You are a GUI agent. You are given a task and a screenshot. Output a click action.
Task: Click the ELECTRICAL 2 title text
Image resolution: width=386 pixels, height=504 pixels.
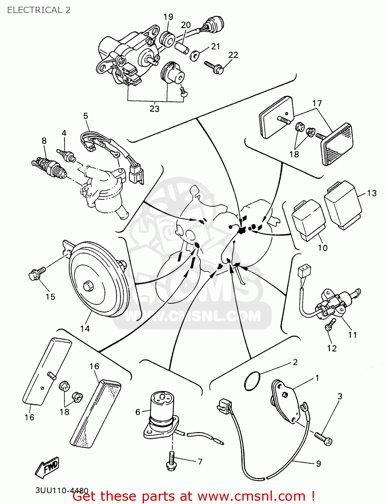39,10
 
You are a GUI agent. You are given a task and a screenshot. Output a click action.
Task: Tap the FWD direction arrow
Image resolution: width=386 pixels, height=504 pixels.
47,467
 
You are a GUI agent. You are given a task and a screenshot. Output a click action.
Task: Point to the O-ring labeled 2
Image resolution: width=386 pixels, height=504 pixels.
252,381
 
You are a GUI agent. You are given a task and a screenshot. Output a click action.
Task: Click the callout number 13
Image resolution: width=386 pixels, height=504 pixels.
372,193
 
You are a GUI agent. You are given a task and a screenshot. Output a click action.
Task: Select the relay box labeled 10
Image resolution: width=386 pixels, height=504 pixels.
308,220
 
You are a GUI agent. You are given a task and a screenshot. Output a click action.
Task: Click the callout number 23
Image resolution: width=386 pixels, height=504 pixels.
154,109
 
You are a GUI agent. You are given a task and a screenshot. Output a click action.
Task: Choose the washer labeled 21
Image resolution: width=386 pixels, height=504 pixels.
194,55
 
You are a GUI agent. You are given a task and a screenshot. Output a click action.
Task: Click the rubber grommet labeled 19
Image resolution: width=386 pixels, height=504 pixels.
167,39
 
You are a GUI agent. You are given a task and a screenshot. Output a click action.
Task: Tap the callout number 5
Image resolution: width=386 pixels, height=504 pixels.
85,116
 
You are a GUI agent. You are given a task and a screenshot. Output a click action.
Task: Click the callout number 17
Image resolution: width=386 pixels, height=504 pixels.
317,103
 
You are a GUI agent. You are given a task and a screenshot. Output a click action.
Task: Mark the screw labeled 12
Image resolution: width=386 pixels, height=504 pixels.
329,325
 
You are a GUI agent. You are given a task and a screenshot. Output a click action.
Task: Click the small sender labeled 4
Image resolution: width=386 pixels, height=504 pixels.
67,156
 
